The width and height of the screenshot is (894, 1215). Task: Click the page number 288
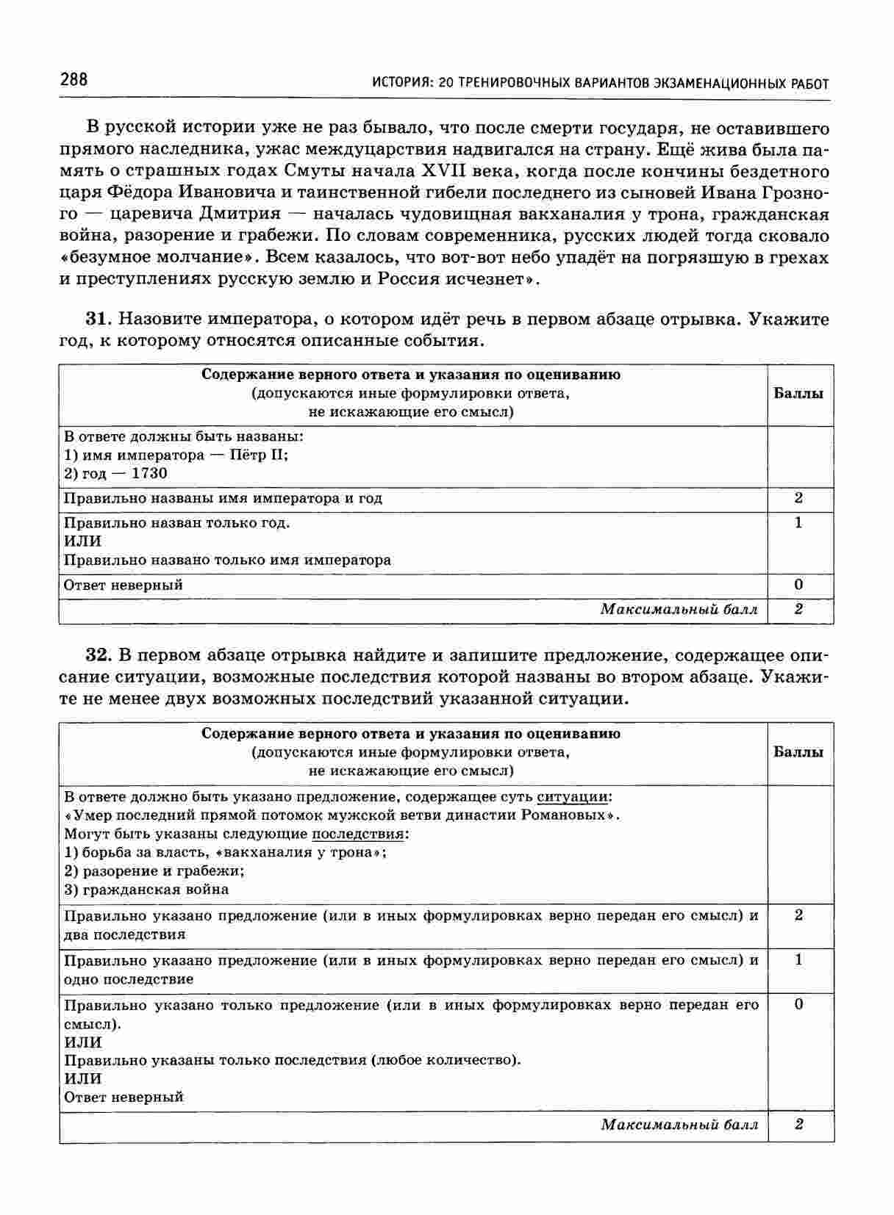pos(74,79)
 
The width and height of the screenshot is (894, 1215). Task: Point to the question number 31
pos(98,320)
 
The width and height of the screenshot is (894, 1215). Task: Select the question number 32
pos(98,655)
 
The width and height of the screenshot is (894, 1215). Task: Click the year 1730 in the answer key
pos(149,474)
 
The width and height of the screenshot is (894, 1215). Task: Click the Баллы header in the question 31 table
pos(798,393)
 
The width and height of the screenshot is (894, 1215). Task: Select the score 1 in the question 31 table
pos(798,523)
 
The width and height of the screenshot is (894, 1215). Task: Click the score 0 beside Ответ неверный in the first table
pos(798,585)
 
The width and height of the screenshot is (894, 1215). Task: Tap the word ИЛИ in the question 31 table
pos(83,541)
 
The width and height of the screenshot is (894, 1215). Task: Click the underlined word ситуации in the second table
pos(573,797)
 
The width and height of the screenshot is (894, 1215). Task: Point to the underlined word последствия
pos(358,834)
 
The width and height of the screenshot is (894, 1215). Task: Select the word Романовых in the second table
pos(571,815)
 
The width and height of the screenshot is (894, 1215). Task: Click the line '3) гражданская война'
pos(146,890)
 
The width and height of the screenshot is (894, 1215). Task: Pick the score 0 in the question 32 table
pos(799,1004)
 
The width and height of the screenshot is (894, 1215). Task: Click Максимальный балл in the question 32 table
pos(679,1125)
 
